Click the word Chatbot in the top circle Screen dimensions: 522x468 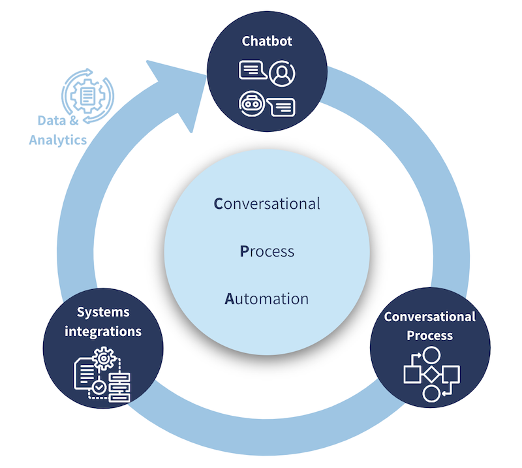(267, 41)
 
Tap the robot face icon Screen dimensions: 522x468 (252, 104)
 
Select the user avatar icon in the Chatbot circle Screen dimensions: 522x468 (282, 73)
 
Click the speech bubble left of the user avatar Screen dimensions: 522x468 (253, 70)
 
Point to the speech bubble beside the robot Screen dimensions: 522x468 (281, 107)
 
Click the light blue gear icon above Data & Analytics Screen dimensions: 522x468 (87, 96)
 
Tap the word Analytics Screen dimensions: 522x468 (58, 140)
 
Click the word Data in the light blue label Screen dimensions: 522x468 (52, 120)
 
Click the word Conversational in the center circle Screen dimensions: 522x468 (267, 204)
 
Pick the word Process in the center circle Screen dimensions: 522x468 (267, 251)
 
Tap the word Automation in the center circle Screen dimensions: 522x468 (267, 299)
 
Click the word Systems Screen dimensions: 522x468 (103, 312)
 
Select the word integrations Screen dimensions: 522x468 (103, 332)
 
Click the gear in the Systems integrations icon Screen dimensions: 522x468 (104, 358)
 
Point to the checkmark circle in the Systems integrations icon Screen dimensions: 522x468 (99, 387)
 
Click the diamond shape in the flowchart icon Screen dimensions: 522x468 (432, 374)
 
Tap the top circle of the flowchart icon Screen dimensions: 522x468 (431, 355)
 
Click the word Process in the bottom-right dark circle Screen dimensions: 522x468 (430, 335)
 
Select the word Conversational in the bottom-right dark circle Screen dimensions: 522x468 (430, 317)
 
